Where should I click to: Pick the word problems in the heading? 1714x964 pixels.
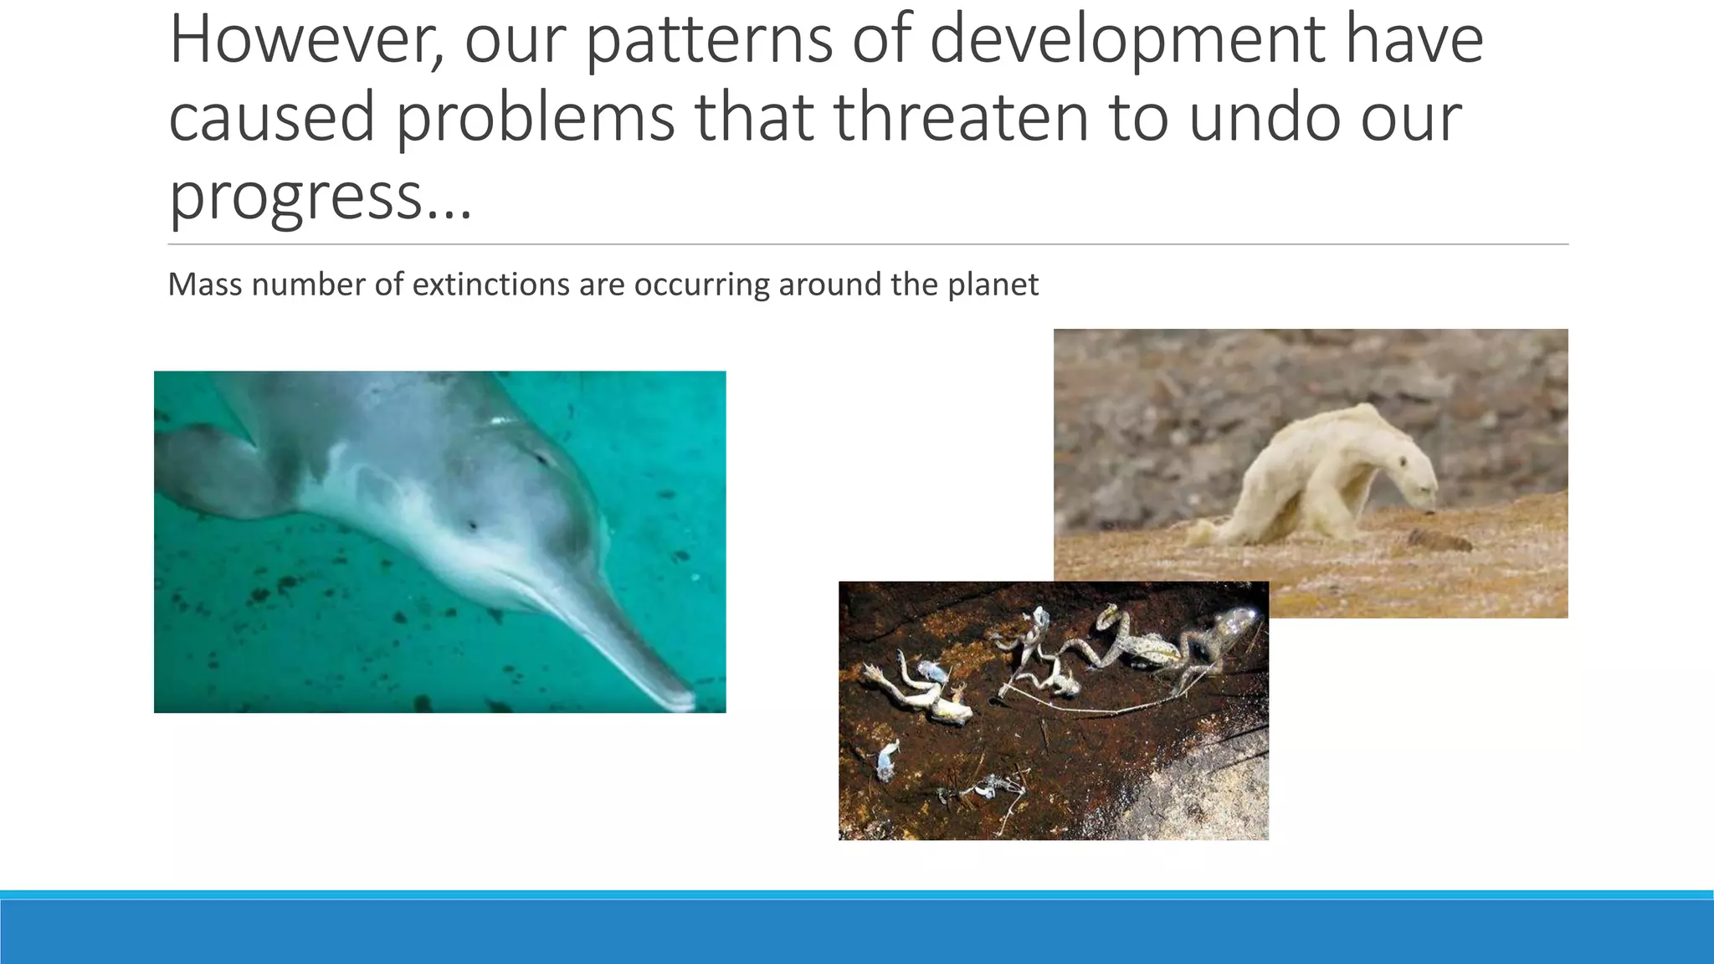535,117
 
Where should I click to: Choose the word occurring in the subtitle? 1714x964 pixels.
701,285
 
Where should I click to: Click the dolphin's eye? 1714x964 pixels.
473,526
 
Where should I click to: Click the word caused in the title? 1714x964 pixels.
272,117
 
